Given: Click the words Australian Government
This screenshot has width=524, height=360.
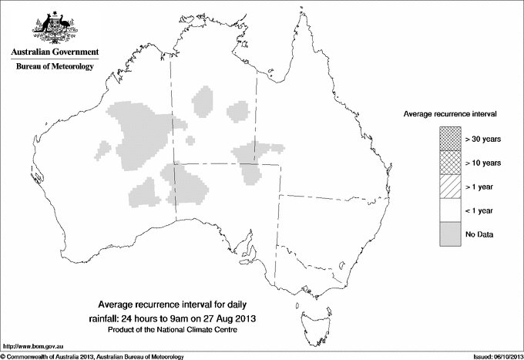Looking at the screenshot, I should pos(54,52).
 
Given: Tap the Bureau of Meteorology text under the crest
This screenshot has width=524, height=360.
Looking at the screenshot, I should pos(54,67).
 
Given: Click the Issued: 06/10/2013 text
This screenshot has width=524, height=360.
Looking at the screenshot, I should pos(494,356).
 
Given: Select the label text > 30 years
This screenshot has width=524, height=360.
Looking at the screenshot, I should pos(483,139).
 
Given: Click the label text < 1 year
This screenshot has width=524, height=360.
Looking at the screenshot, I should pos(479,210).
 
